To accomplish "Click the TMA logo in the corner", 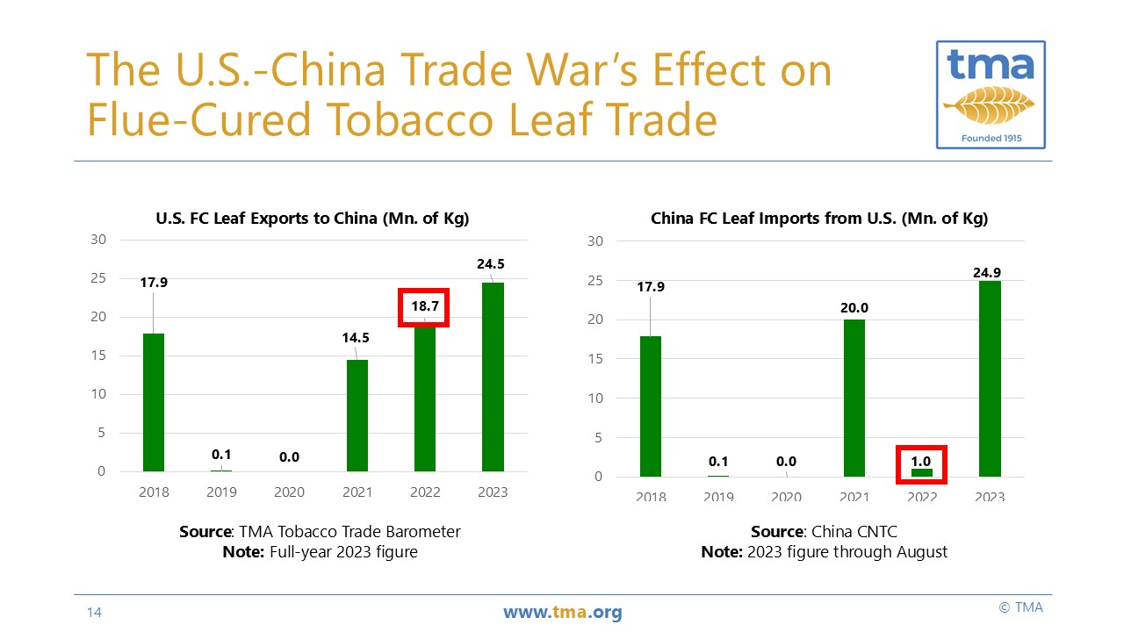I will [990, 93].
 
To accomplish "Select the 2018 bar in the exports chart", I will [154, 402].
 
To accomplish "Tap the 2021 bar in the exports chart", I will [357, 415].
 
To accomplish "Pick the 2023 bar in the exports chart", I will [493, 377].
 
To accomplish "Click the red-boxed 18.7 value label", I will [424, 307].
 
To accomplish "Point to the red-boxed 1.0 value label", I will [921, 462].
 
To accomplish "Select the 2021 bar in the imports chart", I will [854, 398].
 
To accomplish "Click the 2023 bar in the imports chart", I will [990, 378].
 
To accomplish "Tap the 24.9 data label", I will [988, 273].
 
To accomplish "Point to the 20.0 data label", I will [853, 308].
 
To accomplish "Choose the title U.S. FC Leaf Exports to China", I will [312, 219].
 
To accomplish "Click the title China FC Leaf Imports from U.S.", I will [819, 219].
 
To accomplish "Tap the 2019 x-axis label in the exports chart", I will [221, 492].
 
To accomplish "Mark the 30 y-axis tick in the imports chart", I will [595, 241].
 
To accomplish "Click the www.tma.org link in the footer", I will [562, 612].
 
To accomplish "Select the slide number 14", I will [94, 612].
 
